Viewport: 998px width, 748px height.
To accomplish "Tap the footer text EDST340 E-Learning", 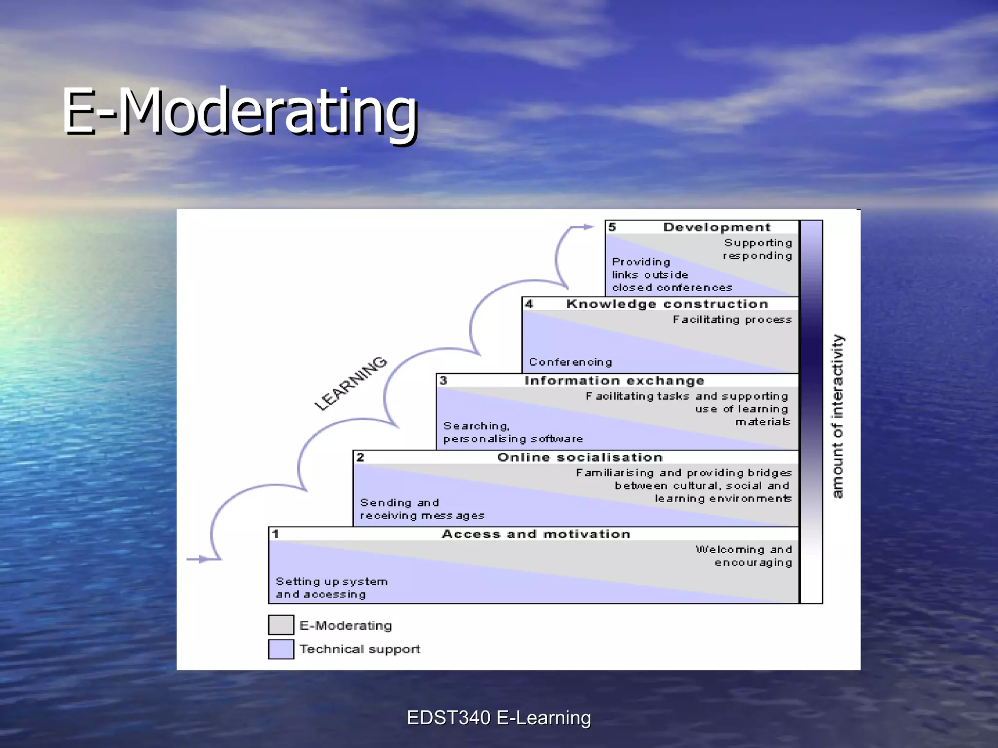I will pos(499,718).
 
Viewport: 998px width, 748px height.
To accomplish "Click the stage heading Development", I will pos(716,227).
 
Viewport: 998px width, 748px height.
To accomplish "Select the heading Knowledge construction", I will pos(667,304).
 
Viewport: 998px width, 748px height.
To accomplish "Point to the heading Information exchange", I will pos(614,381).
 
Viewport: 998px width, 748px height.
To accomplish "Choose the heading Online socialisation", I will pos(580,457).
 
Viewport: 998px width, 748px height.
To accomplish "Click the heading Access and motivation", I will pos(536,534).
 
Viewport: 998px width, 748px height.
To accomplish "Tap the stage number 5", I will pos(612,227).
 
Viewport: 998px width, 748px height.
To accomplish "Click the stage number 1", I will pos(275,534).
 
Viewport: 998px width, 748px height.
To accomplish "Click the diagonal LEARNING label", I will pos(350,384).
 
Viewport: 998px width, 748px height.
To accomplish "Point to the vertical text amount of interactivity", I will pos(837,416).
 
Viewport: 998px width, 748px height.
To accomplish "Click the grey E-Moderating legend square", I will pos(281,625).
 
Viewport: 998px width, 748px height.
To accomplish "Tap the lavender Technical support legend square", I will pos(281,649).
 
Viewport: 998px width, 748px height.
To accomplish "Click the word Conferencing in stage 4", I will pos(570,362).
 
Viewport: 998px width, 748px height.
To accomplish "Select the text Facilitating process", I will pos(732,319).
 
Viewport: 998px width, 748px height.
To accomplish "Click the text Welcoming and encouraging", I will pos(745,556).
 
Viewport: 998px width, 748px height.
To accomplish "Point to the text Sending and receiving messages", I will pos(422,509).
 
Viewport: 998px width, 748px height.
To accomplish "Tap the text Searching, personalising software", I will pos(512,432).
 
